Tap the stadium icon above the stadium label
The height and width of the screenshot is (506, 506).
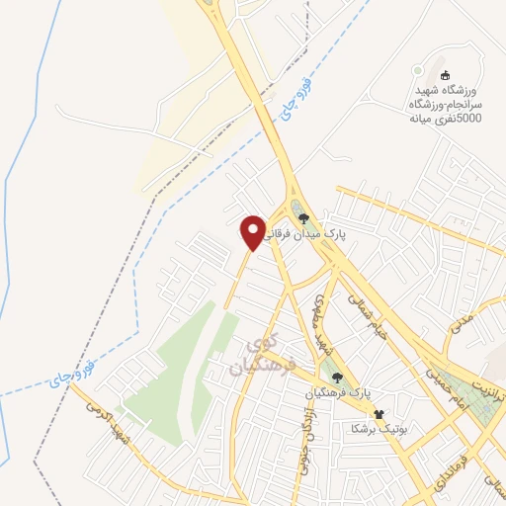(x=444, y=74)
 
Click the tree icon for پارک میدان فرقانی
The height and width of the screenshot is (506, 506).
(x=304, y=217)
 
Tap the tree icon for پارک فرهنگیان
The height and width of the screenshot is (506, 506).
(x=337, y=377)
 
